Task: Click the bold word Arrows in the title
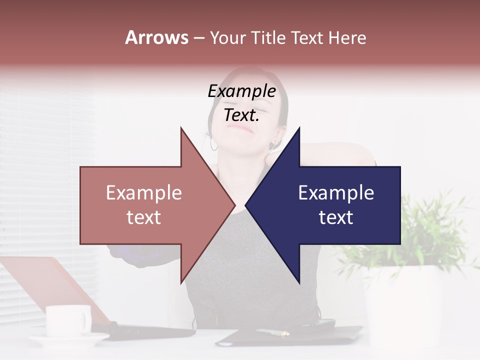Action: [x=156, y=37]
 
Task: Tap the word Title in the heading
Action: [x=268, y=37]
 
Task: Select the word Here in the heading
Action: [x=347, y=37]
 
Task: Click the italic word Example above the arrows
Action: [x=241, y=91]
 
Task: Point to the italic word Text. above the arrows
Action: [x=241, y=115]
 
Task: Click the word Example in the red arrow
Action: [x=144, y=193]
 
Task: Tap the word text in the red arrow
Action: [x=144, y=217]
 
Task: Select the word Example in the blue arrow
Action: [x=336, y=193]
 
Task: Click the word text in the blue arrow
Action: [x=336, y=217]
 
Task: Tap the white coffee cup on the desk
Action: [x=68, y=320]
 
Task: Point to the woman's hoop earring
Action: [x=214, y=144]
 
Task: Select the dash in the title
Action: [x=198, y=38]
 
